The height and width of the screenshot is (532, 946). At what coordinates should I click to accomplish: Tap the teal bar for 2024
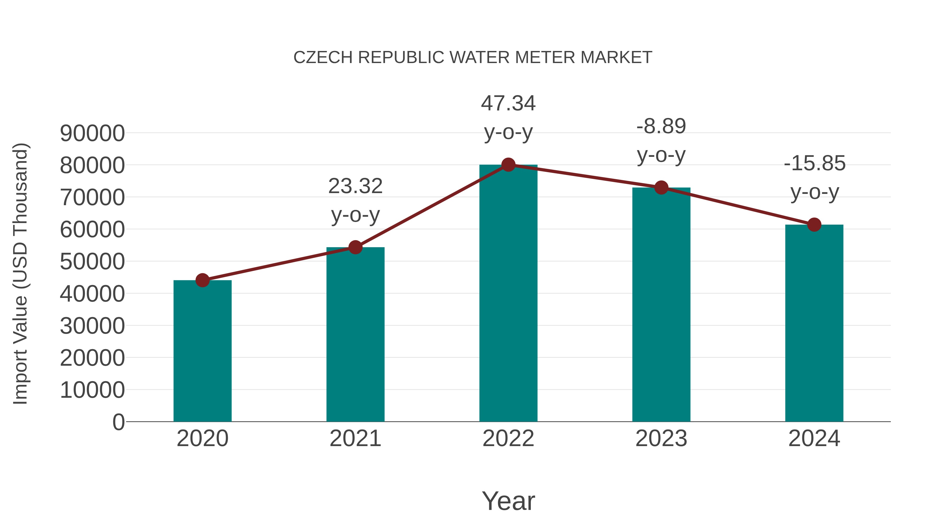tap(814, 323)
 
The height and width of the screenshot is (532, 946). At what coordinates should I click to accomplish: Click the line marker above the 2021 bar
tap(355, 247)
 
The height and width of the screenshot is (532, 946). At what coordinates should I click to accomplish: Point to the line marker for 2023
tap(661, 188)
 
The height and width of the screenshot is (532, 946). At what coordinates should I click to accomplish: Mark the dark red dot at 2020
tap(202, 280)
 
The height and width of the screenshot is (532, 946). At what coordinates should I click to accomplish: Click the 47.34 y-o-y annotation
tap(508, 117)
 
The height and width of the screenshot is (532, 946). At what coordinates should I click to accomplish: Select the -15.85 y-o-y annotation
tap(814, 177)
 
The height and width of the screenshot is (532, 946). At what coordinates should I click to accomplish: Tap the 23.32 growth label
tap(355, 200)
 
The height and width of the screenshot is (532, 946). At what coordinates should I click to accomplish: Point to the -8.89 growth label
tap(661, 140)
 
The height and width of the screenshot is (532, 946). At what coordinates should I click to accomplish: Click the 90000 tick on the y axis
tap(92, 133)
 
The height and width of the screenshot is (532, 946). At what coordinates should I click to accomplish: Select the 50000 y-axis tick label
tap(92, 262)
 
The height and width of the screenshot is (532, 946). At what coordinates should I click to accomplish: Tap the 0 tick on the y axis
tap(118, 422)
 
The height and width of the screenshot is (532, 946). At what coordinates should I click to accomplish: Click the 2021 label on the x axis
tap(355, 438)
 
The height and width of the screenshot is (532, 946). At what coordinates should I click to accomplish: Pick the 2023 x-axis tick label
tap(661, 438)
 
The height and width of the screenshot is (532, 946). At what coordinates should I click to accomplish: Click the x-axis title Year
tap(508, 501)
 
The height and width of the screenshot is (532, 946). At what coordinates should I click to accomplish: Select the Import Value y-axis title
tap(20, 273)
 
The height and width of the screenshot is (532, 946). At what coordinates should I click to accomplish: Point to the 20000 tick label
tap(92, 358)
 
